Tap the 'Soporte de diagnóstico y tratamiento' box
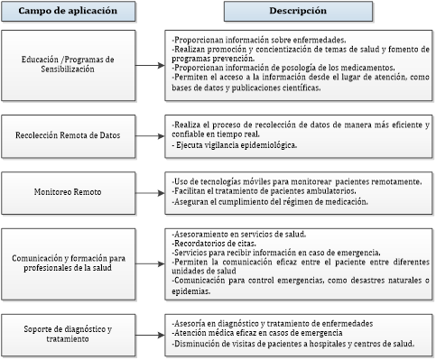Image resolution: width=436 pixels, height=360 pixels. coord(70,332)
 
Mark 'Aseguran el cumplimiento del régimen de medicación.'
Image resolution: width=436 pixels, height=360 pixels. coord(271,202)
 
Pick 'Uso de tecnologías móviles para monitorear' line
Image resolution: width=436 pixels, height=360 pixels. coord(262,180)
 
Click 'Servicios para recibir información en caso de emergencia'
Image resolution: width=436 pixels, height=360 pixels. coord(274,252)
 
